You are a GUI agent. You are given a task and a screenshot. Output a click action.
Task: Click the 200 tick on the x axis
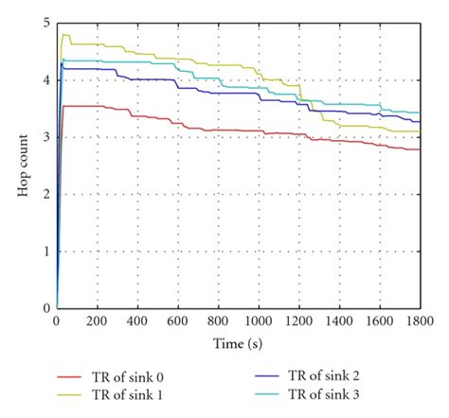(97, 321)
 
